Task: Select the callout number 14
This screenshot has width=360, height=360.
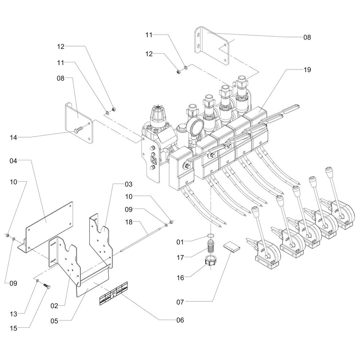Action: point(13,137)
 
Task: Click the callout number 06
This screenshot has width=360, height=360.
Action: point(179,320)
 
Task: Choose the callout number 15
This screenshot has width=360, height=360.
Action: point(13,328)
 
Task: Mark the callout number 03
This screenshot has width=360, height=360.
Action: point(129,184)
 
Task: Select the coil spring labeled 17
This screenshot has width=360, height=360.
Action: point(211,248)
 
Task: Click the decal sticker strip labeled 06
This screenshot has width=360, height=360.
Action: point(114,297)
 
